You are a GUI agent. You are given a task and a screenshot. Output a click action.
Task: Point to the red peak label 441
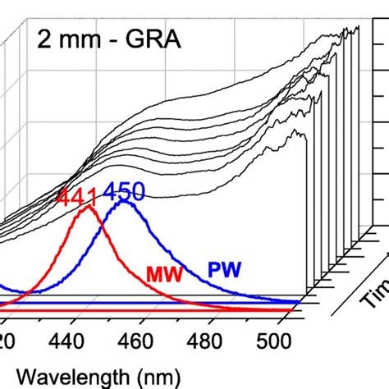[76, 198]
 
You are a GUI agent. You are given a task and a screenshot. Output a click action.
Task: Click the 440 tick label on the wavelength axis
[74, 341]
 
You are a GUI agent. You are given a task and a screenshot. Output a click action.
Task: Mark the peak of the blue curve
[125, 200]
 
